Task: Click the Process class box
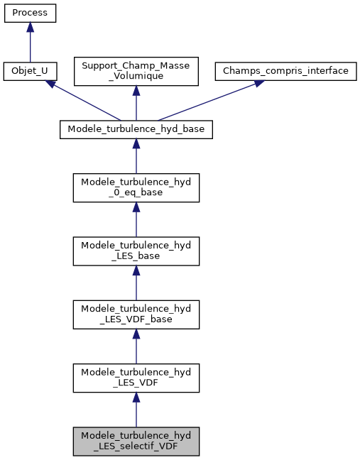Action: pyautogui.click(x=30, y=13)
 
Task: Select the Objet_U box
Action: pyautogui.click(x=30, y=72)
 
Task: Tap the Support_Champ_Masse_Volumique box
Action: pyautogui.click(x=136, y=72)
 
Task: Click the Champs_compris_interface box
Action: pyautogui.click(x=285, y=72)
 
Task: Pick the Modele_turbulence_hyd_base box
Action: pyautogui.click(x=136, y=129)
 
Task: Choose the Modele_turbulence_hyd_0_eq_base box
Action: pyautogui.click(x=136, y=186)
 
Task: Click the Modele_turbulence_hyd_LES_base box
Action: pyautogui.click(x=136, y=250)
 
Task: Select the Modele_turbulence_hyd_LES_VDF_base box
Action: pyautogui.click(x=136, y=314)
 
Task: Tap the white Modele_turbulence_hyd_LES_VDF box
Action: pyautogui.click(x=136, y=378)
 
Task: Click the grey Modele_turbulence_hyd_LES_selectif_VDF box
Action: pyautogui.click(x=136, y=442)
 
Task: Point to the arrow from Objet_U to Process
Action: pyautogui.click(x=30, y=46)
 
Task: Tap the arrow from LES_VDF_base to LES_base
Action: pyautogui.click(x=136, y=283)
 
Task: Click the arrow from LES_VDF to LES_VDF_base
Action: pyautogui.click(x=136, y=346)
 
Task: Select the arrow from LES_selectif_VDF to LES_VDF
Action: pyautogui.click(x=136, y=410)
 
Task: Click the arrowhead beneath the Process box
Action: pyautogui.click(x=30, y=27)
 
